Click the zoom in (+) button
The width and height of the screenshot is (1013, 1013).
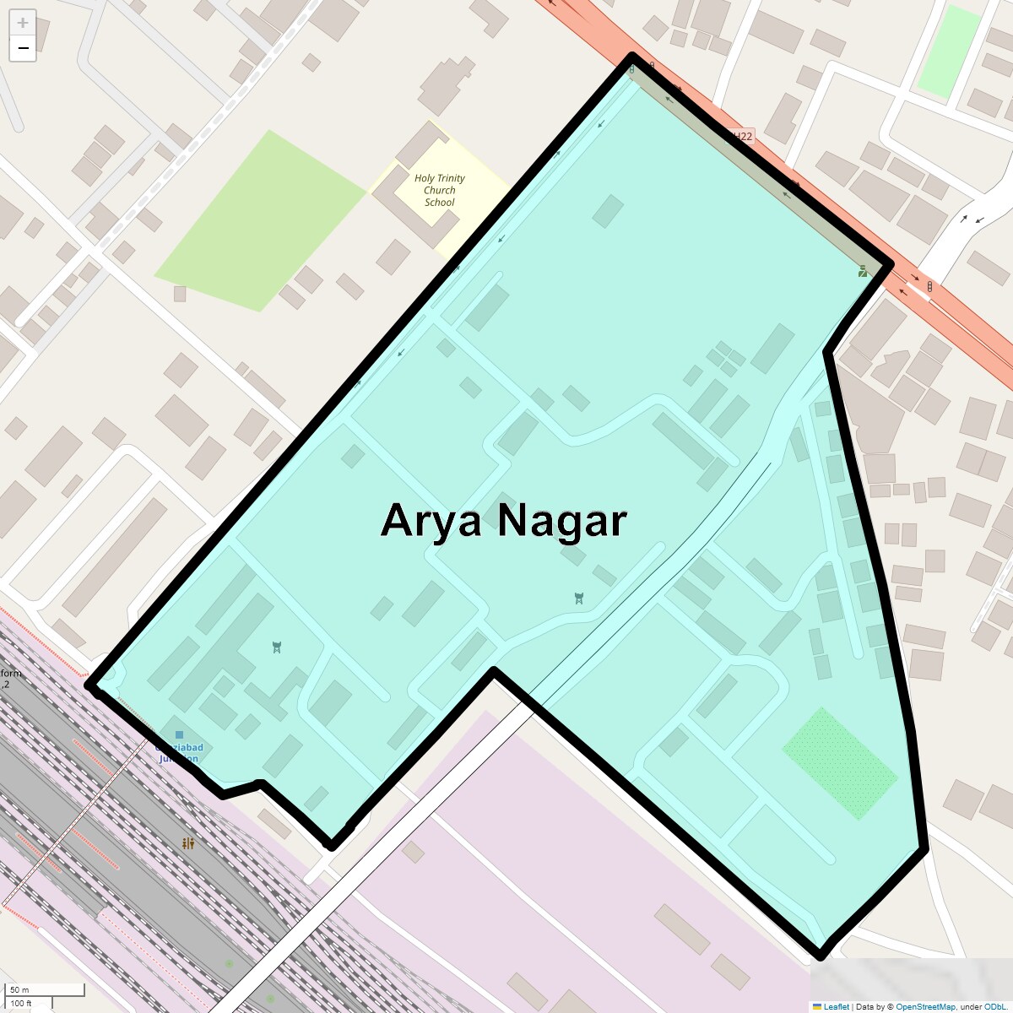pyautogui.click(x=23, y=23)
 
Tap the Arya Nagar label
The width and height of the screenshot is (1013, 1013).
pyautogui.click(x=503, y=520)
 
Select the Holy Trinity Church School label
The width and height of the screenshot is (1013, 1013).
pyautogui.click(x=439, y=190)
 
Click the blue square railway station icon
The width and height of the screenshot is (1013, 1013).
pyautogui.click(x=178, y=735)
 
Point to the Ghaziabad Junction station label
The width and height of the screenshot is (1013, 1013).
pyautogui.click(x=179, y=753)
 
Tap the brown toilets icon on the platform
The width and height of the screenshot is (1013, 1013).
pyautogui.click(x=188, y=843)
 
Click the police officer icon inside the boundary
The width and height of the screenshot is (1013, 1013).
pyautogui.click(x=863, y=271)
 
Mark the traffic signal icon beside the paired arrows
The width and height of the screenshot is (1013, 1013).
pyautogui.click(x=929, y=287)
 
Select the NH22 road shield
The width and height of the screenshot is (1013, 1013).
pyautogui.click(x=740, y=136)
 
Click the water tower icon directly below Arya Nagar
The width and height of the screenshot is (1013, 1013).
pyautogui.click(x=578, y=599)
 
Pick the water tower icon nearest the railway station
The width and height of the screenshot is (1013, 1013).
pyautogui.click(x=277, y=647)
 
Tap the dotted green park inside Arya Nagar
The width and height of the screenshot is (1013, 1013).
pyautogui.click(x=839, y=763)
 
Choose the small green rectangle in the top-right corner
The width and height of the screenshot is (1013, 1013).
pyautogui.click(x=949, y=51)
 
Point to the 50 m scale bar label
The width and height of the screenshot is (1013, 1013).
pyautogui.click(x=19, y=989)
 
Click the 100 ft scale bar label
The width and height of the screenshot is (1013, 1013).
pyautogui.click(x=21, y=1004)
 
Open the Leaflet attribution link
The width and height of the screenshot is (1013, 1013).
pyautogui.click(x=836, y=1006)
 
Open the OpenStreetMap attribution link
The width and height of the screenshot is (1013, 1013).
pyautogui.click(x=925, y=1006)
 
